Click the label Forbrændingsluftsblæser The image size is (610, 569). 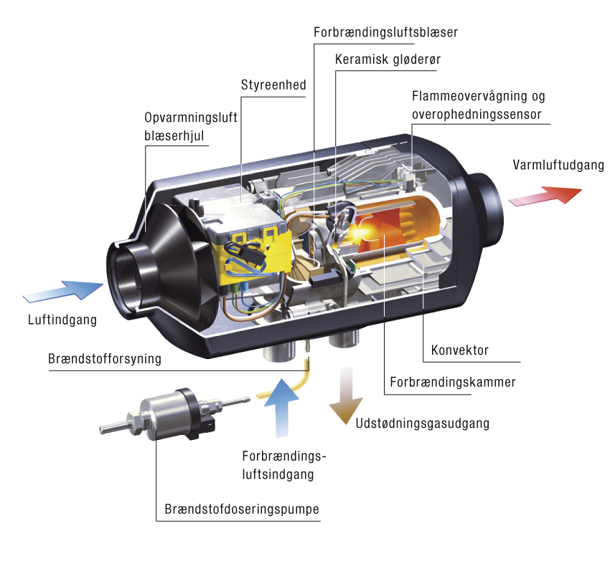[x=385, y=33]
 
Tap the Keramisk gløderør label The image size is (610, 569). [x=388, y=59]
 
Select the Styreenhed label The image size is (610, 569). [x=273, y=85]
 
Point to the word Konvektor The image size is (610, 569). [x=459, y=350]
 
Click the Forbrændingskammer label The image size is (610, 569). [x=453, y=382]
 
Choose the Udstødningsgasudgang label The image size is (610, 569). [x=423, y=424]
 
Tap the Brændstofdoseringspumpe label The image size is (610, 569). [x=242, y=509]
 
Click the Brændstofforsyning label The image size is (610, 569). [x=105, y=358]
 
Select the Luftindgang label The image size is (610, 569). [x=62, y=320]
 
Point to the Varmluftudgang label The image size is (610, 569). [x=558, y=165]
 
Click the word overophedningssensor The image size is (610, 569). [x=477, y=115]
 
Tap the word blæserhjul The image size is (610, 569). [x=174, y=136]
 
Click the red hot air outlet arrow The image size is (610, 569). [x=545, y=196]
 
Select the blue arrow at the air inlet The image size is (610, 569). [x=63, y=291]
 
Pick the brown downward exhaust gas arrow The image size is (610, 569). [x=346, y=396]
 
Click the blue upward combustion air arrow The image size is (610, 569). [x=281, y=408]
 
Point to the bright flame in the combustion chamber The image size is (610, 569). [x=360, y=232]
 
